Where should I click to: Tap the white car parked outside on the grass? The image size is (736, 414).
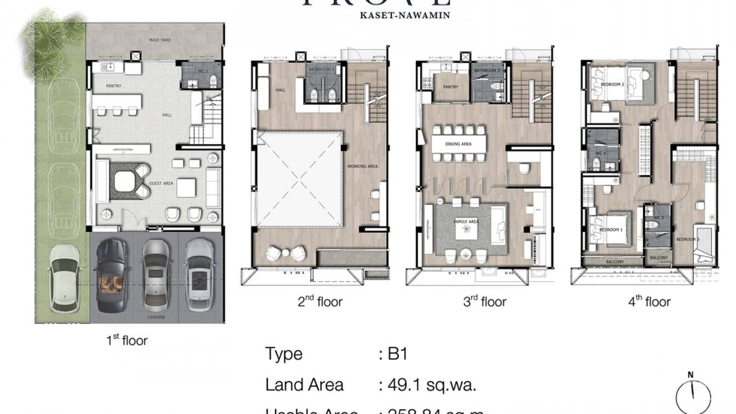[64, 277]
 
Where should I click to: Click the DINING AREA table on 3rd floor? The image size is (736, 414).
[459, 144]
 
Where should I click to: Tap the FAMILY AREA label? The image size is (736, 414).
[466, 221]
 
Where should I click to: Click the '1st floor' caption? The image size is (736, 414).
[127, 340]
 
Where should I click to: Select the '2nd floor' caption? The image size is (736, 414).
[320, 301]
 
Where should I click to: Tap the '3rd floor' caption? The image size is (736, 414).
[484, 301]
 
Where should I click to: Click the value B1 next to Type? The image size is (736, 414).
[397, 354]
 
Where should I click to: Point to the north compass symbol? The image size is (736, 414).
[693, 393]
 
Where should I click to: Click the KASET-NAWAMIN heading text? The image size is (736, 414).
[405, 15]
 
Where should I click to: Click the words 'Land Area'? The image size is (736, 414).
[304, 385]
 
